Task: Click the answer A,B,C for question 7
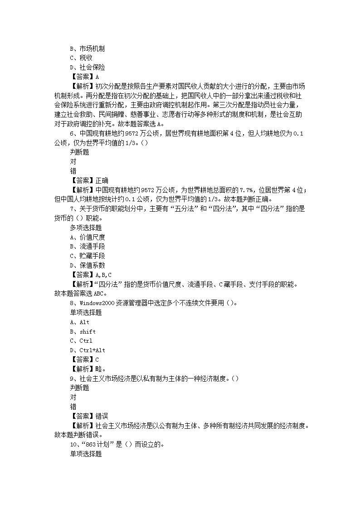tap(103, 275)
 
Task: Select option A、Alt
tap(80, 322)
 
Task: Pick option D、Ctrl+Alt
tap(87, 350)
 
